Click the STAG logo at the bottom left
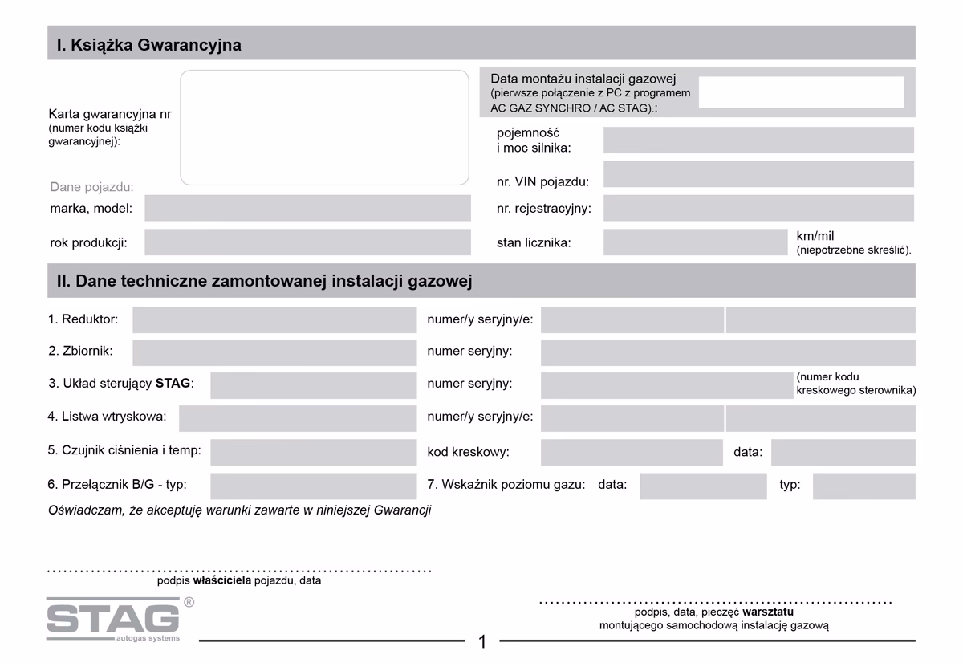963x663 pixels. click(x=113, y=619)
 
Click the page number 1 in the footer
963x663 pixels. click(x=482, y=641)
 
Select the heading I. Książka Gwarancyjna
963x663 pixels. click(x=149, y=45)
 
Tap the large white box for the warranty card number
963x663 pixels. click(x=324, y=128)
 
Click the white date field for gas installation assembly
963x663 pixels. click(x=801, y=92)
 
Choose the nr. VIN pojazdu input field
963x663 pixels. click(x=758, y=174)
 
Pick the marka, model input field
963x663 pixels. click(x=307, y=208)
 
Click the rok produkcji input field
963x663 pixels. click(x=307, y=242)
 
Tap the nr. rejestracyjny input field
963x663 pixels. click(x=758, y=208)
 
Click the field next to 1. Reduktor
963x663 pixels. click(x=274, y=319)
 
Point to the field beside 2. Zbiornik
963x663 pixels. click(x=274, y=352)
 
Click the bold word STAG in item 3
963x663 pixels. click(x=173, y=384)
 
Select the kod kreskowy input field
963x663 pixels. click(x=632, y=452)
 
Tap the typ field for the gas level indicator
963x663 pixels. click(x=863, y=486)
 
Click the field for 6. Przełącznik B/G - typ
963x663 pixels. click(x=313, y=486)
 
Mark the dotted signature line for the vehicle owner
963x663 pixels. click(x=239, y=571)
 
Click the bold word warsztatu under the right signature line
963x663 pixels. click(x=768, y=612)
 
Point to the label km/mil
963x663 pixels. click(x=815, y=236)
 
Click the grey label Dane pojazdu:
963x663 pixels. click(x=91, y=187)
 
